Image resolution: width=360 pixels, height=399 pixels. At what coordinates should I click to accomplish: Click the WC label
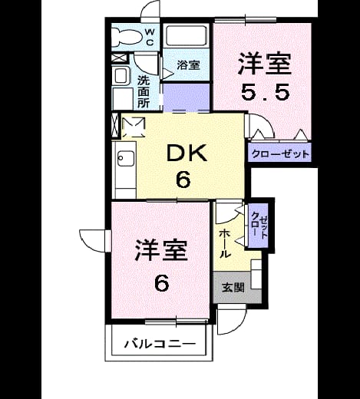click(150, 38)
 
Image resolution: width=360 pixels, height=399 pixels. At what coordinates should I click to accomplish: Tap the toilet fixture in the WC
click(127, 38)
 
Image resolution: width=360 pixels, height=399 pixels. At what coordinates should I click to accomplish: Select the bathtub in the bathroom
click(186, 35)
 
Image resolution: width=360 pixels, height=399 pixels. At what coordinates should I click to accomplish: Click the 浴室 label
click(188, 65)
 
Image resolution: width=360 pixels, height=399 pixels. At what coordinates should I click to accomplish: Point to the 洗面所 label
click(144, 91)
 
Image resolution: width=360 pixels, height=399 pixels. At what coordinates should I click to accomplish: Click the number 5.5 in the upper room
click(266, 92)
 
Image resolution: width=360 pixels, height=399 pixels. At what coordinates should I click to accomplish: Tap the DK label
click(187, 153)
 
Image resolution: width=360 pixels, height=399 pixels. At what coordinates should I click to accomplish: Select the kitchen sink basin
click(126, 158)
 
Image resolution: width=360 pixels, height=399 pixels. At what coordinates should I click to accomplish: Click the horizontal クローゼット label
click(280, 154)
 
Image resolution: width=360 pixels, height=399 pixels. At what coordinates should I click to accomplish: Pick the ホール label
click(226, 243)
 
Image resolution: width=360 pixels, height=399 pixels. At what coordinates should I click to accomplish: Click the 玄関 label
click(233, 288)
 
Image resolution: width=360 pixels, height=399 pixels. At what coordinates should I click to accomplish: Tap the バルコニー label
click(160, 344)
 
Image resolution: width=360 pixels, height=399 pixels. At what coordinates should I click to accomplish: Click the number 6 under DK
click(183, 179)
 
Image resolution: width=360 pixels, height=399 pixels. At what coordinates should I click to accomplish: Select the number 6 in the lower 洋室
click(162, 283)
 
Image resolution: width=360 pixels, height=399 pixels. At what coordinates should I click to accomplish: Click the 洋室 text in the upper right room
click(265, 64)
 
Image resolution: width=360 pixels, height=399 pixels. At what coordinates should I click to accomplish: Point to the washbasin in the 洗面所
click(121, 76)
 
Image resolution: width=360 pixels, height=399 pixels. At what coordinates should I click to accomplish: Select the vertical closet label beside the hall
click(259, 226)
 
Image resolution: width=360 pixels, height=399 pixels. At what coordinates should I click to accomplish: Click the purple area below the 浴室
click(187, 97)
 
